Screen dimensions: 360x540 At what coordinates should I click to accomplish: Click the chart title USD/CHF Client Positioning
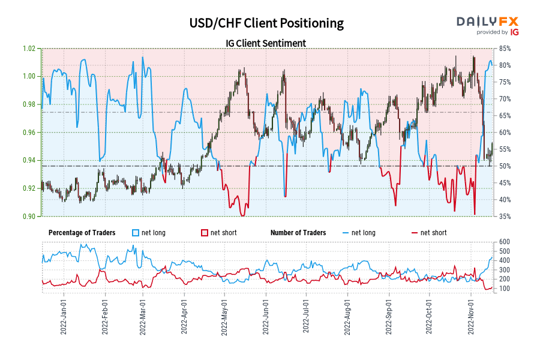266,23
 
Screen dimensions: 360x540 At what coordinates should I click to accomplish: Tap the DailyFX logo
487,25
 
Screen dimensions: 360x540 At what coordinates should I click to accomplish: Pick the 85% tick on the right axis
504,49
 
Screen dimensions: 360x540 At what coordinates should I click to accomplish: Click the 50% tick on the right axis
504,166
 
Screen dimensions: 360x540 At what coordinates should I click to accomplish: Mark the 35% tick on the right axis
504,216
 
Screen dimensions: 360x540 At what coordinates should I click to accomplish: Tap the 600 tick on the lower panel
504,242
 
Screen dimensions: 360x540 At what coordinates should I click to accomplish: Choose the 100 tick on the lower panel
504,289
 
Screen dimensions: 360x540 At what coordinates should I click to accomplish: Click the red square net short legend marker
204,233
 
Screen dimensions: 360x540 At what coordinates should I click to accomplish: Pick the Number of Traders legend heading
298,233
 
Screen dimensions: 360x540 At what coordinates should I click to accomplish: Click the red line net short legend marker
414,233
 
